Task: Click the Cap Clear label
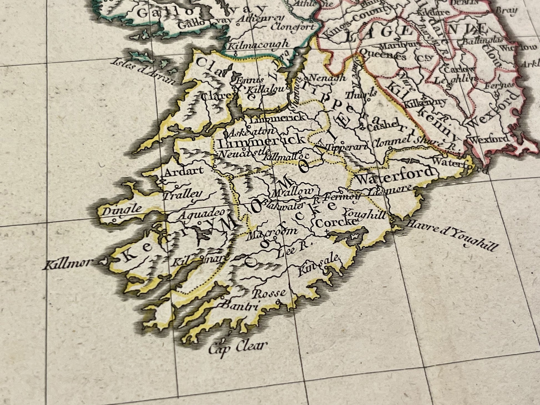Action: coord(238,347)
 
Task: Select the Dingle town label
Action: coord(122,210)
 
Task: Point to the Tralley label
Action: coord(182,195)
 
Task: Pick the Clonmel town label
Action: coord(390,142)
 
